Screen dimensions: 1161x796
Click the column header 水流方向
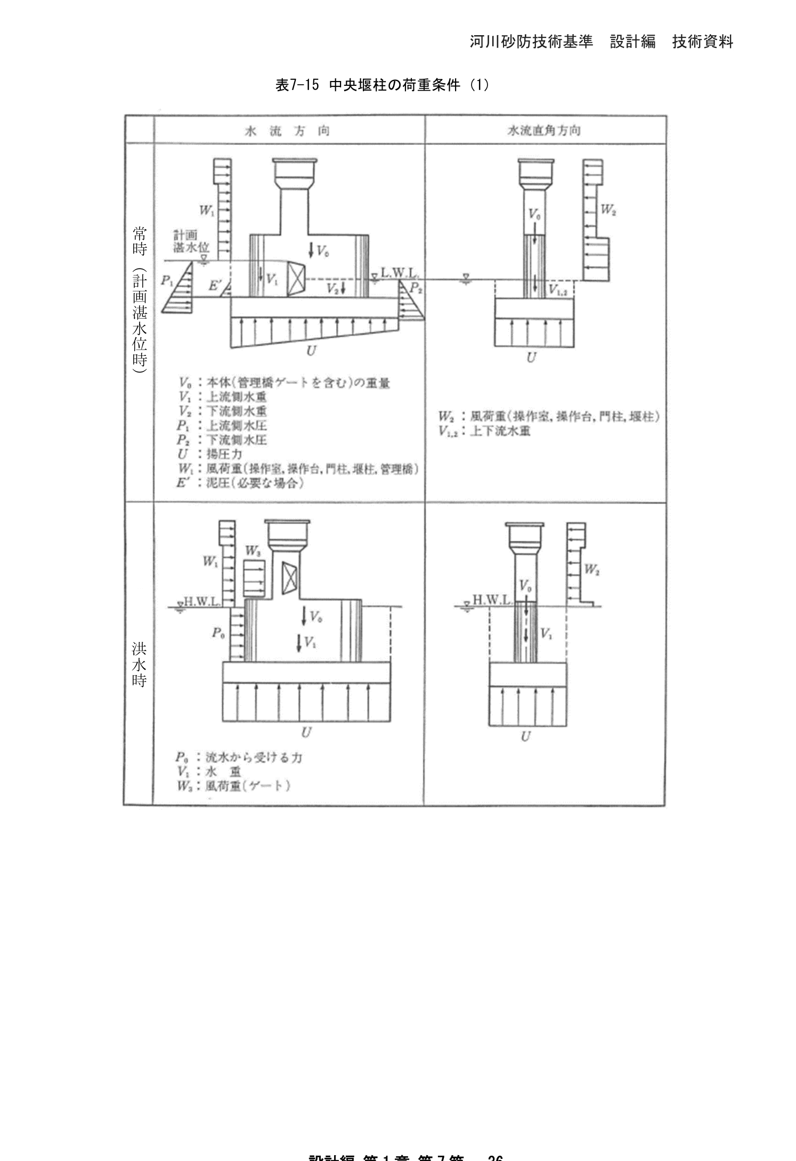tap(287, 131)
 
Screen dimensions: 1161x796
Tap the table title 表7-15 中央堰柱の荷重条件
tap(381, 85)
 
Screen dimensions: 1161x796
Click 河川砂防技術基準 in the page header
tap(531, 42)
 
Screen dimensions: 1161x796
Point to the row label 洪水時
tap(139, 664)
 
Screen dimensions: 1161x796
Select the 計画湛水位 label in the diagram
tap(191, 241)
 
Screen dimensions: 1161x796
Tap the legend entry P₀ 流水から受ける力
tap(239, 757)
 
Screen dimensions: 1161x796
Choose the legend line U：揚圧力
tap(210, 454)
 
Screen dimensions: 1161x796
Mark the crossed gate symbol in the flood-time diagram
tap(289, 578)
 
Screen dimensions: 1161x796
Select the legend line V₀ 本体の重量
tap(284, 383)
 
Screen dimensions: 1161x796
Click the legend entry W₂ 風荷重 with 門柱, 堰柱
tap(549, 417)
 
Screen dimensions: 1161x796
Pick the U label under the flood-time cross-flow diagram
tap(526, 736)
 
